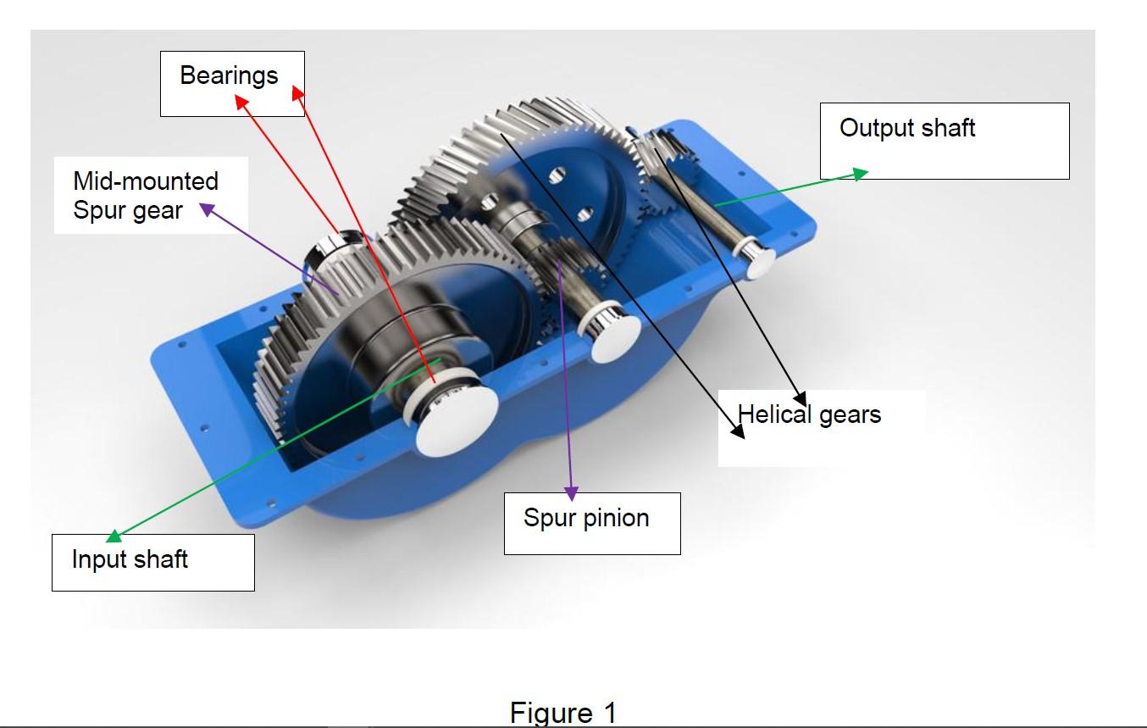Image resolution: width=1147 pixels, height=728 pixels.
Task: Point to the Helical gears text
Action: pos(809,414)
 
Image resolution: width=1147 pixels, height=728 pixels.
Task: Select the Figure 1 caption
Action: pos(563,712)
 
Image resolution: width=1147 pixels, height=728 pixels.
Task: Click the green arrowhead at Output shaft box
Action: pos(861,174)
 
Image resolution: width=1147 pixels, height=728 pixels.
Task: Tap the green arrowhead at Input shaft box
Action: pos(114,536)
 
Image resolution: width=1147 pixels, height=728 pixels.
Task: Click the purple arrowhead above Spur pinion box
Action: pos(572,492)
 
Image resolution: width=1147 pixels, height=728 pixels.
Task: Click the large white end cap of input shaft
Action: pos(456,424)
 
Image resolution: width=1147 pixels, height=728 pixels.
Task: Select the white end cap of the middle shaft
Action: pos(615,337)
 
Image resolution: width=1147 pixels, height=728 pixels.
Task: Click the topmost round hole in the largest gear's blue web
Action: pos(556,176)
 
